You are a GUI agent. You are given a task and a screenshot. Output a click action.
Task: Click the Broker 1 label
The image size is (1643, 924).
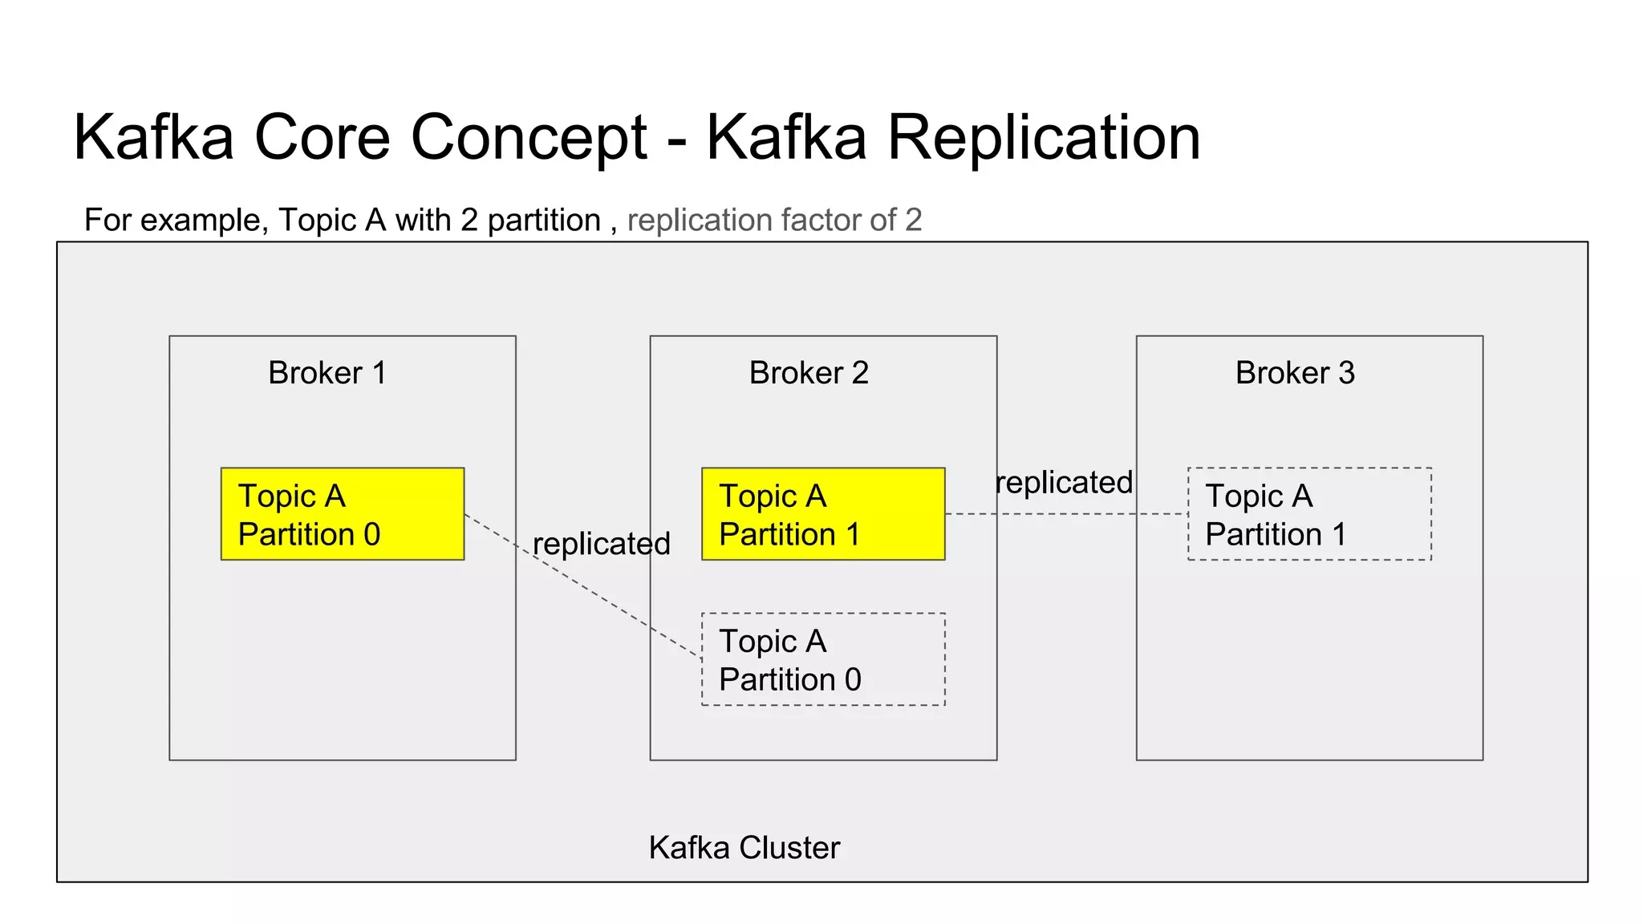327,373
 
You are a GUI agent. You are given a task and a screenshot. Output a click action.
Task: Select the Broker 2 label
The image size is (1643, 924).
809,373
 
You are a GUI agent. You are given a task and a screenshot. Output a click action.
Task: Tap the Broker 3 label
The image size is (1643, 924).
1295,373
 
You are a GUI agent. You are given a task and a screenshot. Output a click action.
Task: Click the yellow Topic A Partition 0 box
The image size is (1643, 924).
343,514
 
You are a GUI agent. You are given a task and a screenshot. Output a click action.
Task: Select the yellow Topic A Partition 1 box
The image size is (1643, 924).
823,514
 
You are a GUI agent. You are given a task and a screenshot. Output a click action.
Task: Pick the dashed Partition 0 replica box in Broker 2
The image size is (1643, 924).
823,659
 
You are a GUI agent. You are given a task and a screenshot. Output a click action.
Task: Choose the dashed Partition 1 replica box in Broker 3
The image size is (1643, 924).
1309,514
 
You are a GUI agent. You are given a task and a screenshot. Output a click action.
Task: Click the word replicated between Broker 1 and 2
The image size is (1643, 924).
602,545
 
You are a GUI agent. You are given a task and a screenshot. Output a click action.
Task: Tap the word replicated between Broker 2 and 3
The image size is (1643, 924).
1064,483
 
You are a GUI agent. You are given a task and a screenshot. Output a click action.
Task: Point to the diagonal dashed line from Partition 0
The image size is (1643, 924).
610,602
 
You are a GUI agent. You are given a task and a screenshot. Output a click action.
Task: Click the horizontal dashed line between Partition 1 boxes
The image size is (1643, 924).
1067,514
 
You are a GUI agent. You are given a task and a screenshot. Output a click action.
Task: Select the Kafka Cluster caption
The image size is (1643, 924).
744,848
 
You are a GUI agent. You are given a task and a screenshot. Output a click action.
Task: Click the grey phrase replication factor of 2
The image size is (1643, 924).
774,220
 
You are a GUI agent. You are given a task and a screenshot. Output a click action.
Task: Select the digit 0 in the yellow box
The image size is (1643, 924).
371,535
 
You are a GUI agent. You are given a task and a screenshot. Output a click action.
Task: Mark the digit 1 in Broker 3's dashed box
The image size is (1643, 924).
1337,535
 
